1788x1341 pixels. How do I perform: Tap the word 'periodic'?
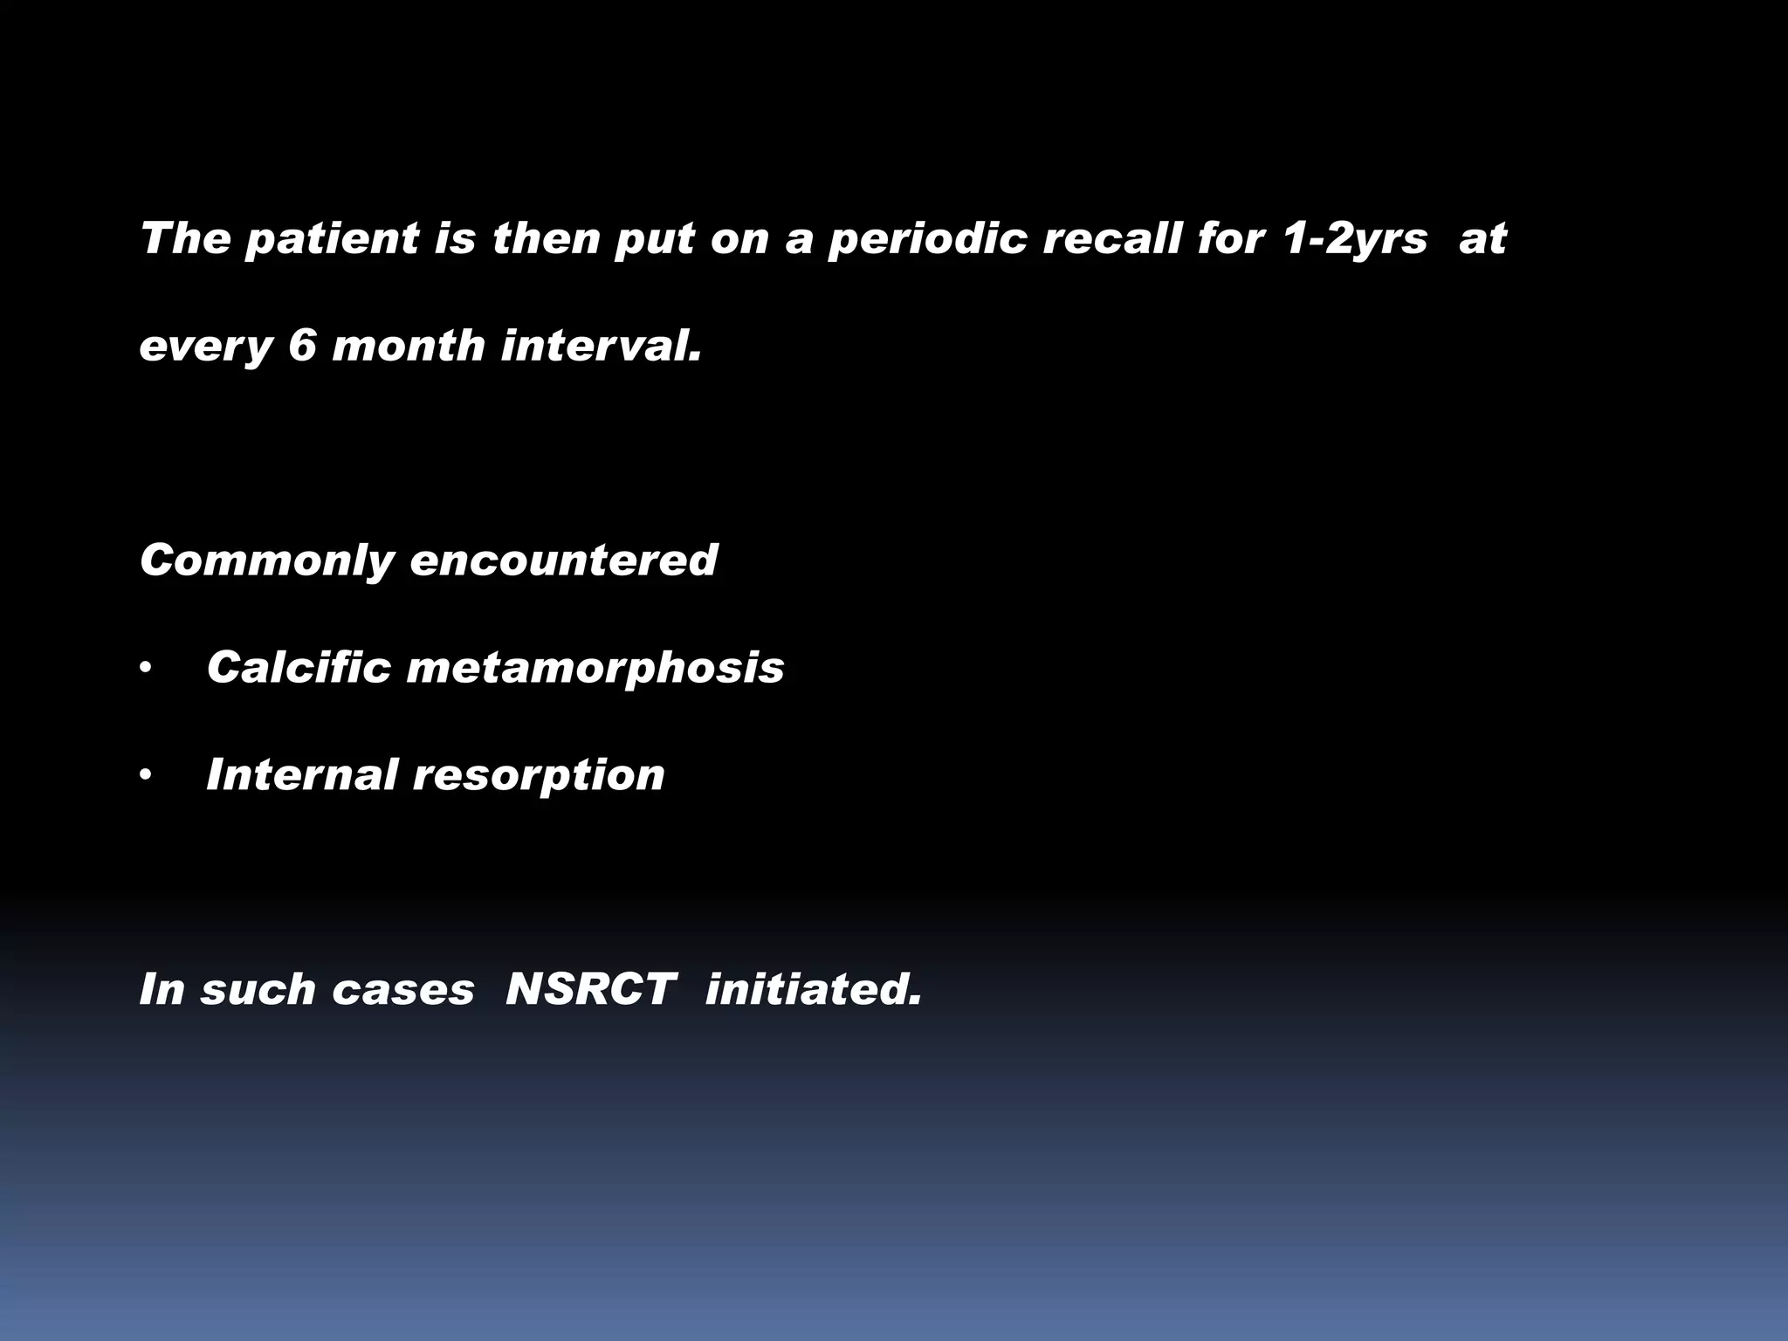(x=927, y=239)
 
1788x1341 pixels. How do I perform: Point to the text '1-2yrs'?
(x=1355, y=239)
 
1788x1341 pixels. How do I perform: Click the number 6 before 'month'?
(x=302, y=346)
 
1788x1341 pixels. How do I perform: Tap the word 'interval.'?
(x=602, y=346)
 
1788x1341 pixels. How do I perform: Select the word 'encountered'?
(x=564, y=560)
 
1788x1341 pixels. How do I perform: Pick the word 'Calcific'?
(x=299, y=668)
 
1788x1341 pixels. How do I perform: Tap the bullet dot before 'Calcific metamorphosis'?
(x=146, y=670)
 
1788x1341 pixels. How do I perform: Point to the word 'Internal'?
(x=301, y=774)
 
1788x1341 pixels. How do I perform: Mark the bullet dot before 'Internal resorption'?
(x=146, y=776)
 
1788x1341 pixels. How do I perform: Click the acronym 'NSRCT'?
(x=590, y=990)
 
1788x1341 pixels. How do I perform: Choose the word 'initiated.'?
(x=814, y=990)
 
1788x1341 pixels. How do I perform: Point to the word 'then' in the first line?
(x=544, y=237)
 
